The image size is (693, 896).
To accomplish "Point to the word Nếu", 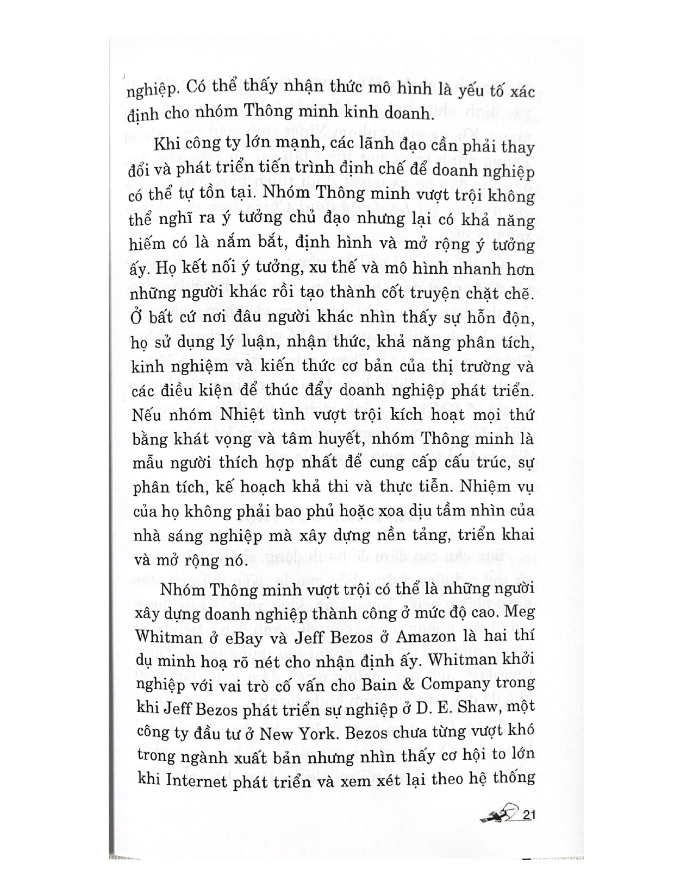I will coord(144,415).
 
